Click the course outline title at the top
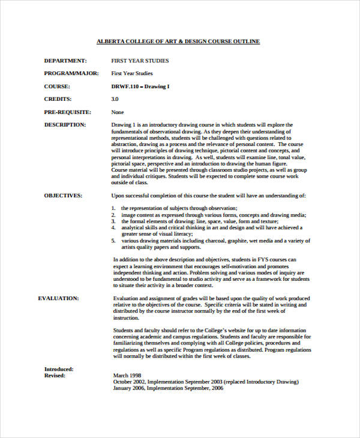(x=178, y=41)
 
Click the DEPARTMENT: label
(x=65, y=61)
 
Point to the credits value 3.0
(x=115, y=99)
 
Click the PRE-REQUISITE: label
(x=67, y=112)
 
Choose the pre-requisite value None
(x=118, y=112)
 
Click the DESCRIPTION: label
(x=65, y=125)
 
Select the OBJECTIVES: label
(x=64, y=196)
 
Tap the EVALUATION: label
(x=58, y=298)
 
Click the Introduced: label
(x=59, y=369)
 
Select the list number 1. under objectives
(x=113, y=208)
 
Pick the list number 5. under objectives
(x=113, y=241)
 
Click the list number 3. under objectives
(x=113, y=221)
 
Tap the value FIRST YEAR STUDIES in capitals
(x=140, y=61)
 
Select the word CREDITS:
(x=58, y=99)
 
